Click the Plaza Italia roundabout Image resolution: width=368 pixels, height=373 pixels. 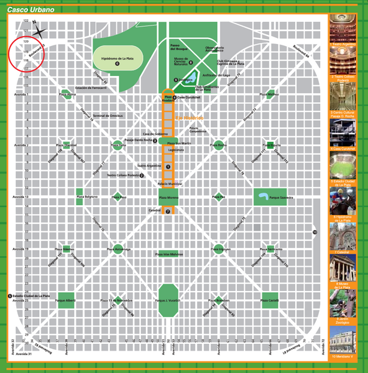coord(117,145)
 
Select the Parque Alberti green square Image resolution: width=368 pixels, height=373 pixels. coord(66,300)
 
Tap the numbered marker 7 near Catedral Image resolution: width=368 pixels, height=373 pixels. coord(168,211)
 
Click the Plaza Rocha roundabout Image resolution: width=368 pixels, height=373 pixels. coord(218,145)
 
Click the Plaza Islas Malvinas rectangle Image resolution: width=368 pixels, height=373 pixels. coord(168,254)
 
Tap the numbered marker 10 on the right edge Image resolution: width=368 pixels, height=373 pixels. coord(315,233)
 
